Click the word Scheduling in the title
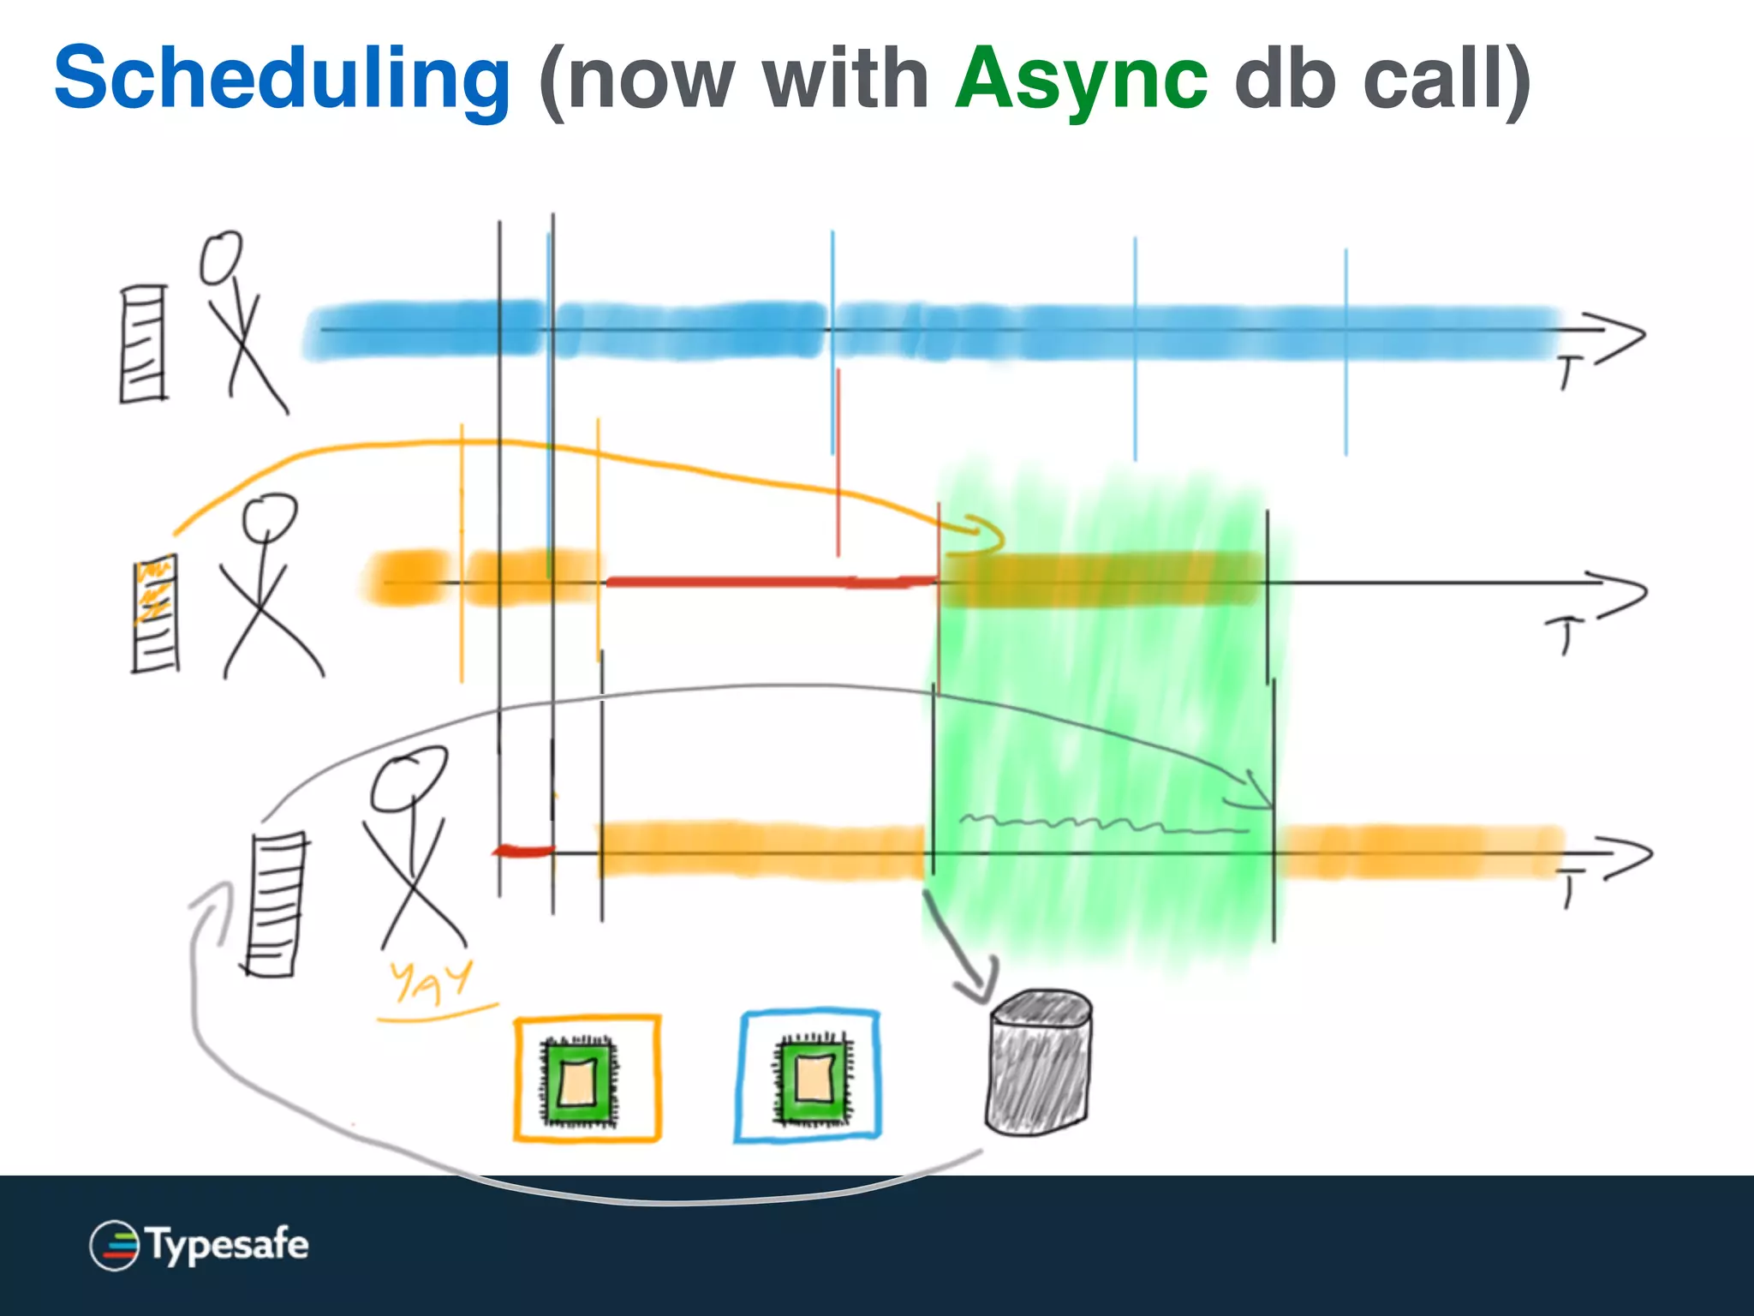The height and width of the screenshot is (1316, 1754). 283,79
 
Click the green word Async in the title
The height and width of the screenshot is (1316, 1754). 1081,79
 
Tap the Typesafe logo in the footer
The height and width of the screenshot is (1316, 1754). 199,1245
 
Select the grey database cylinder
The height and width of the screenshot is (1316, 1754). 1039,1062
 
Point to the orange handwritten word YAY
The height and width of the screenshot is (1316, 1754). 430,982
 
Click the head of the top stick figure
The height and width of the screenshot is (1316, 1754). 221,257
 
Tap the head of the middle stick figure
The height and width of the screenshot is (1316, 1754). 269,516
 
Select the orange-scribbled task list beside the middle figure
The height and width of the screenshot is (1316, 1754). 156,613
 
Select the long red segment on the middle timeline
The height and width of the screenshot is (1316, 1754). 771,583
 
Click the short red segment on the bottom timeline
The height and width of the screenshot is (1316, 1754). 523,851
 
